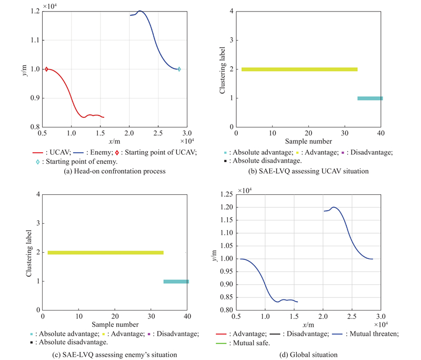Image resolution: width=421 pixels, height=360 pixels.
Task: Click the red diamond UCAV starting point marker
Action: click(x=46, y=69)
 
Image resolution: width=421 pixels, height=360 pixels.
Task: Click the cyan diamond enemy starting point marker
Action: click(x=179, y=69)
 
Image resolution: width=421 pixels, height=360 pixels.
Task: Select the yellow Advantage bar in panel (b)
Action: click(x=299, y=69)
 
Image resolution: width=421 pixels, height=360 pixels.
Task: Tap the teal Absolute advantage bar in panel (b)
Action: click(x=370, y=98)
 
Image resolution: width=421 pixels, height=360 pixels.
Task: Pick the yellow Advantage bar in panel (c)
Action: click(x=105, y=253)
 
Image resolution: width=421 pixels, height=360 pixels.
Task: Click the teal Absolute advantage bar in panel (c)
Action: click(x=176, y=282)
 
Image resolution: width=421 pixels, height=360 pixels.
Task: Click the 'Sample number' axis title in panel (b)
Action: click(x=309, y=141)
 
